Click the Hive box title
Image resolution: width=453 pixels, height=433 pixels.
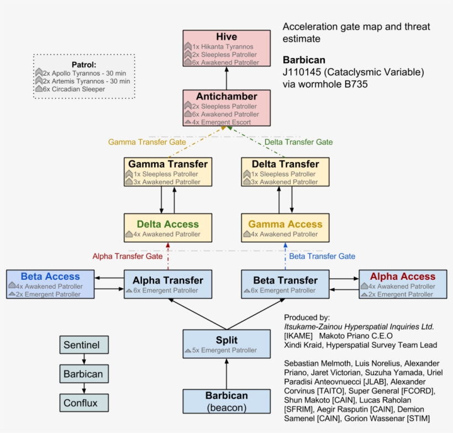(227, 37)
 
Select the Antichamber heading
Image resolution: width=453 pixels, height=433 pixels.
(227, 96)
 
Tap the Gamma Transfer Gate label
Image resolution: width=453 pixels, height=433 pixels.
(147, 142)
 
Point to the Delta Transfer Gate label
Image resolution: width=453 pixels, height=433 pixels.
(299, 142)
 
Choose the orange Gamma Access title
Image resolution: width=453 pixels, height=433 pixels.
(285, 224)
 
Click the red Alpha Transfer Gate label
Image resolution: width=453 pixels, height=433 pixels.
(128, 256)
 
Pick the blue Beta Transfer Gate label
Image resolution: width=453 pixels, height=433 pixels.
(322, 256)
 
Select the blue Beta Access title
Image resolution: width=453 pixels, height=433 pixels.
(50, 277)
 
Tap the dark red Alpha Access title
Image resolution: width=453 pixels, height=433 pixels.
(403, 277)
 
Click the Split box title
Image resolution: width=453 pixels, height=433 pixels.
(227, 340)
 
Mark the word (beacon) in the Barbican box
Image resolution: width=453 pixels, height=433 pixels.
(227, 408)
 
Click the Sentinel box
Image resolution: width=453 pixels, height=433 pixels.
(84, 346)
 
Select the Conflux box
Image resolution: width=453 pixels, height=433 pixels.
(84, 403)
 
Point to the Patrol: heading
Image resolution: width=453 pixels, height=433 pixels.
(84, 65)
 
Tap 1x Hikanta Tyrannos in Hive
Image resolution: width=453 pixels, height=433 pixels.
(223, 47)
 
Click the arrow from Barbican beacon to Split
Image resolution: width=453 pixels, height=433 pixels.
(227, 374)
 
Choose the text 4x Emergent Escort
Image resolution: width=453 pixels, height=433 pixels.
(222, 122)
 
